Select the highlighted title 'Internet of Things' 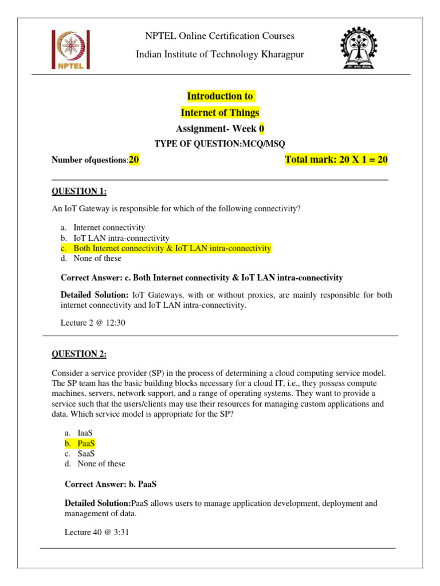pyautogui.click(x=220, y=113)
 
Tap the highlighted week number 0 pyautogui.click(x=262, y=128)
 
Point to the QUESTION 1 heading pyautogui.click(x=79, y=191)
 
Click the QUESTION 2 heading pyautogui.click(x=79, y=354)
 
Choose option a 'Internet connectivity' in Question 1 pyautogui.click(x=109, y=228)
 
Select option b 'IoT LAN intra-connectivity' pyautogui.click(x=121, y=238)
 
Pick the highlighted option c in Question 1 pyautogui.click(x=172, y=248)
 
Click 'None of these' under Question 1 pyautogui.click(x=97, y=259)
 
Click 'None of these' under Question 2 pyautogui.click(x=101, y=464)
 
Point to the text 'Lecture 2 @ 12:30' pyautogui.click(x=93, y=323)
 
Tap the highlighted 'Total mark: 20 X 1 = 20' pyautogui.click(x=336, y=160)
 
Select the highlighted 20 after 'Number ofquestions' pyautogui.click(x=134, y=160)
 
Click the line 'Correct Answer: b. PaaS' pyautogui.click(x=111, y=484)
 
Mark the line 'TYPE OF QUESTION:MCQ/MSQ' pyautogui.click(x=220, y=144)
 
